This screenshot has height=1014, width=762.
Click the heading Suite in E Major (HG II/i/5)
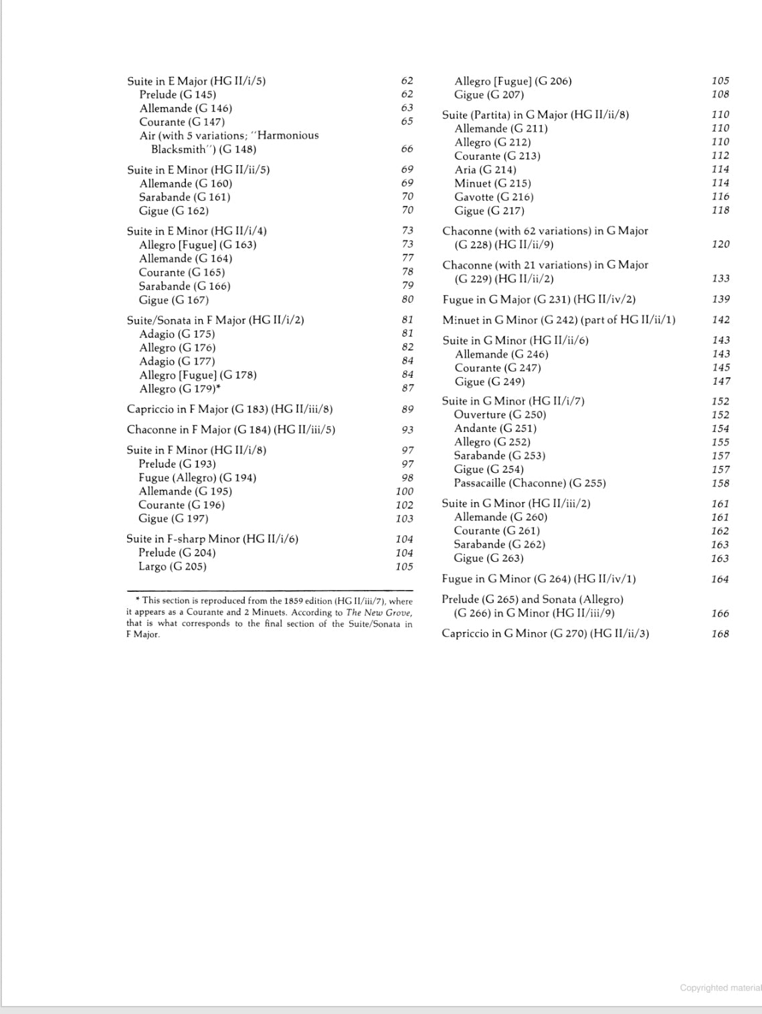point(196,81)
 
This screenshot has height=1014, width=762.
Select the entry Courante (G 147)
point(182,122)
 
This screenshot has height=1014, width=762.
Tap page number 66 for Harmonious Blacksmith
point(407,149)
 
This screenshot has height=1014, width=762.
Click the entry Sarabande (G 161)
point(185,197)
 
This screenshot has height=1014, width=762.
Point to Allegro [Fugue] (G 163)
point(197,245)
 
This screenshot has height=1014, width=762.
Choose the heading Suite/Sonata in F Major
point(215,320)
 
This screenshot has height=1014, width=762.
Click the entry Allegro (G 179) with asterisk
point(180,389)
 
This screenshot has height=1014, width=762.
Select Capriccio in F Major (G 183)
point(229,409)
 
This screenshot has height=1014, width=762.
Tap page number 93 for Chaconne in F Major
point(407,430)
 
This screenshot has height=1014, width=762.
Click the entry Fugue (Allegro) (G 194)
point(197,478)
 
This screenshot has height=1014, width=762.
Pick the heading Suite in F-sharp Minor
point(212,539)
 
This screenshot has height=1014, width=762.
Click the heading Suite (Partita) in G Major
point(535,115)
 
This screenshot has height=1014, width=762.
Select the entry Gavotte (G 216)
point(494,197)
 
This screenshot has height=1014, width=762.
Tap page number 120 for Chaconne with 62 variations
point(721,245)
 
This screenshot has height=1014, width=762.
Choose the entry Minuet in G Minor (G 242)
point(559,320)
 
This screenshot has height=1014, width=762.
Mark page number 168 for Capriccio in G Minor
point(720,633)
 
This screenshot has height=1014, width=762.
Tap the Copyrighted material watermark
point(720,988)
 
